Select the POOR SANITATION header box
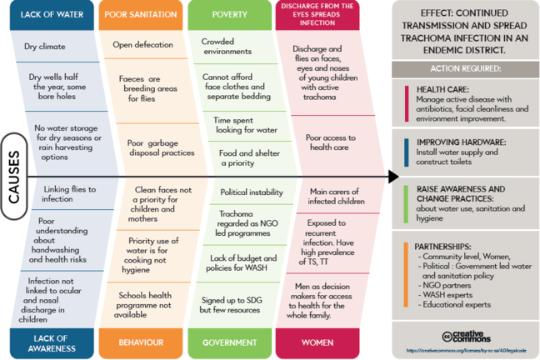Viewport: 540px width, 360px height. click(x=139, y=14)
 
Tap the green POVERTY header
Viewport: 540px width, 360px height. click(x=229, y=14)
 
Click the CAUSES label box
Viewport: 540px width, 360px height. click(x=14, y=177)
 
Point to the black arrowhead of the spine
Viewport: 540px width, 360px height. click(x=393, y=177)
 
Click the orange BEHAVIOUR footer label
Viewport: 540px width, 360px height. click(x=139, y=342)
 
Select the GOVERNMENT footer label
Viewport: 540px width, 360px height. click(x=229, y=342)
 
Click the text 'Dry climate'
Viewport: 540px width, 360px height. click(x=45, y=47)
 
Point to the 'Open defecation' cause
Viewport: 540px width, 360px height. click(x=142, y=45)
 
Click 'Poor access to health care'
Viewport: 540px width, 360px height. click(x=331, y=142)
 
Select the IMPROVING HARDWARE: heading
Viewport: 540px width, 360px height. click(x=459, y=142)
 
